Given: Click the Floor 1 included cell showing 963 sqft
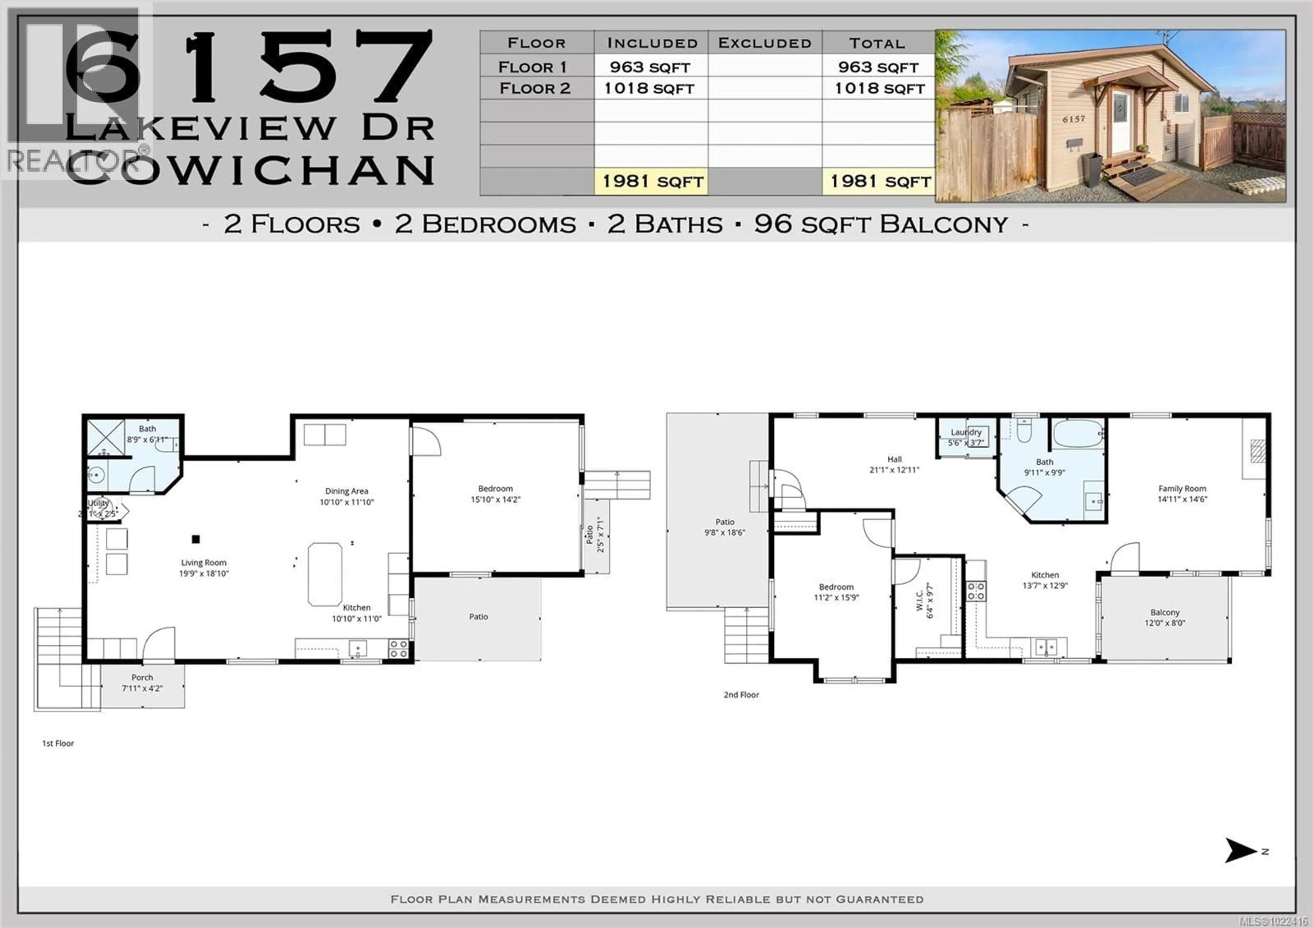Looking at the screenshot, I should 650,67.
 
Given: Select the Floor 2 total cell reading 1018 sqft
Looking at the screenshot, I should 879,89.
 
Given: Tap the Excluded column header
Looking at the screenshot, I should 765,43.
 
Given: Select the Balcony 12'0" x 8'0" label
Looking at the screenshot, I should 1165,617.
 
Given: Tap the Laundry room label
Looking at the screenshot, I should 966,433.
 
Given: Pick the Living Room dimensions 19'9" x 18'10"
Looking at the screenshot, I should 203,573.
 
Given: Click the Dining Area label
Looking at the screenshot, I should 347,491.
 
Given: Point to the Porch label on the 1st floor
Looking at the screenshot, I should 142,678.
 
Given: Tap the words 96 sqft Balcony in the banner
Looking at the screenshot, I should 881,224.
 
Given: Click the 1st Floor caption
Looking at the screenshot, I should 58,743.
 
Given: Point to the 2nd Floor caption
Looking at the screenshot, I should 741,695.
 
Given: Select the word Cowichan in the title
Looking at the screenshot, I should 252,170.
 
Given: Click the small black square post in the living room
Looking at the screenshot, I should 196,539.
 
